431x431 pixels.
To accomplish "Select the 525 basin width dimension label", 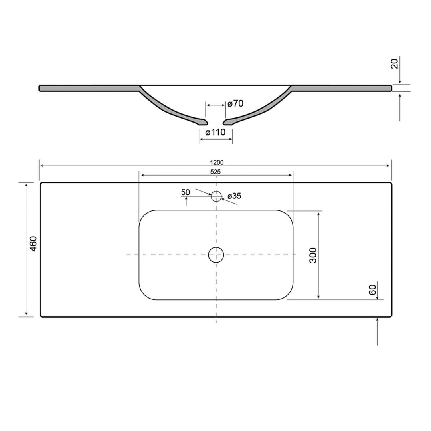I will click(x=216, y=172).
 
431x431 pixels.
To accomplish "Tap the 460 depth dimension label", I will click(x=34, y=243).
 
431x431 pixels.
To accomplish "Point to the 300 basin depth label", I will click(x=313, y=255).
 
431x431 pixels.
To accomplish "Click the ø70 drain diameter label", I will click(x=235, y=104).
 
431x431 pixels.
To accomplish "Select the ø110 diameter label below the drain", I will click(x=215, y=132).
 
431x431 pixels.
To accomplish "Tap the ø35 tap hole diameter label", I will click(x=234, y=196).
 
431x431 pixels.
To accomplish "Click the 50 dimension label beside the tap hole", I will click(x=186, y=192).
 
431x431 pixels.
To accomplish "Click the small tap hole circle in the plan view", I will click(x=216, y=196).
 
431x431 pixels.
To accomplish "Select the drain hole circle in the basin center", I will click(x=216, y=254).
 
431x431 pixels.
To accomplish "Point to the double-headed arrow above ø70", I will click(x=215, y=105).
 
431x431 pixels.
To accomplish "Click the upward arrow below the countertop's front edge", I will click(x=377, y=331).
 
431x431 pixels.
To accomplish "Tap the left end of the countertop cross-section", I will click(x=41, y=88).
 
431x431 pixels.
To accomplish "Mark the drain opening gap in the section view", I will click(x=215, y=121).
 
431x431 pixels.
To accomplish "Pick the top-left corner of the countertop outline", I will click(x=42, y=184).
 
